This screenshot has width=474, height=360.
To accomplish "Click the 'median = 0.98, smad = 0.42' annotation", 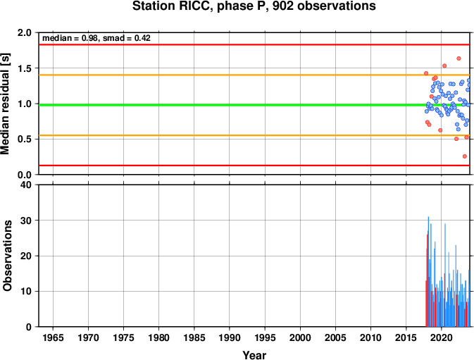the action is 96,38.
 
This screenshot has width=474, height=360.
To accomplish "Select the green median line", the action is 254,105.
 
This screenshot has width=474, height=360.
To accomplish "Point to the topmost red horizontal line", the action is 254,44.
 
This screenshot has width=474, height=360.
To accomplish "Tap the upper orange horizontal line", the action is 254,75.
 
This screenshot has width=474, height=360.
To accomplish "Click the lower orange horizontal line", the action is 254,135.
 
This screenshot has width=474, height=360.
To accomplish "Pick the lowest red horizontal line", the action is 254,166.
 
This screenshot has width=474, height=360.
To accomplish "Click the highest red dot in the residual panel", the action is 459,58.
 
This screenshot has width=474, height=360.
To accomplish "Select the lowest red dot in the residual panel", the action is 465,156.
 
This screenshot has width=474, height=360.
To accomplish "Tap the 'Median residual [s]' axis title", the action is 5,104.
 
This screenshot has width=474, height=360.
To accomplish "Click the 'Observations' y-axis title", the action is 7,256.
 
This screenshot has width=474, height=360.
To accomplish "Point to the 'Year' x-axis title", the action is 254,355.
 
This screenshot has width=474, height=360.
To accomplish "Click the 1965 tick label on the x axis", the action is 54,337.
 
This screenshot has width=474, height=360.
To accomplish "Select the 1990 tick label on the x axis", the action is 230,337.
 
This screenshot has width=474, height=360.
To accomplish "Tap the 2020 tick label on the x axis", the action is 442,337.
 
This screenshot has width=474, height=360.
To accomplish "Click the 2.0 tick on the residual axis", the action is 25,32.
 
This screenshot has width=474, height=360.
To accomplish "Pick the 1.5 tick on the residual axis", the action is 25,68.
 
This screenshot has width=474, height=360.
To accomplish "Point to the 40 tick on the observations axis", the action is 26,185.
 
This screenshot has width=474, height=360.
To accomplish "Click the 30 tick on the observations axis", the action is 26,221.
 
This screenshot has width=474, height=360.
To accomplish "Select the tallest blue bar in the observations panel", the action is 428,271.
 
